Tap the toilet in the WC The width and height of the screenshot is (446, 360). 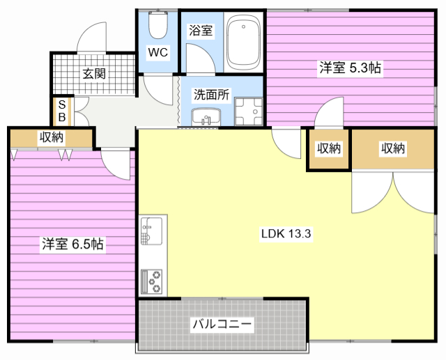pos(158,26)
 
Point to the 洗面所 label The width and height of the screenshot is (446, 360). pos(211,95)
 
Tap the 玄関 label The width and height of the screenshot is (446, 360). pos(94,73)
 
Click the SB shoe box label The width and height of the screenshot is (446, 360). pos(61,110)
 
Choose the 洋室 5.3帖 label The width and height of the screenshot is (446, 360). pos(350,68)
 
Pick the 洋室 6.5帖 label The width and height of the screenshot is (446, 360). pos(72,244)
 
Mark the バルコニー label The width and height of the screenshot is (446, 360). pos(222,324)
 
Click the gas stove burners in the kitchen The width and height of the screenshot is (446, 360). pos(151,280)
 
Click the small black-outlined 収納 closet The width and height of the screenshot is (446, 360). pos(329,148)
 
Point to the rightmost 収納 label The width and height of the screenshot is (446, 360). pos(393,148)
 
